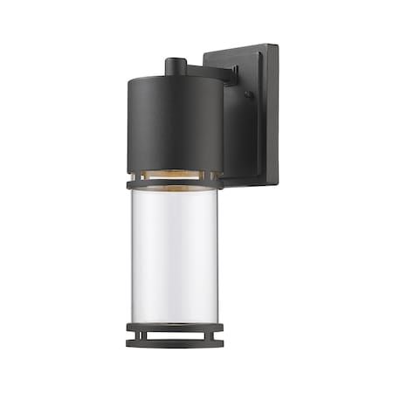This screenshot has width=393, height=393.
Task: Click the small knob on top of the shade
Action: (175, 64)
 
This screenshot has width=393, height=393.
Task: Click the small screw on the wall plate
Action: (248, 94)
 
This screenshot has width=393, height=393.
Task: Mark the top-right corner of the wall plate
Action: (278, 45)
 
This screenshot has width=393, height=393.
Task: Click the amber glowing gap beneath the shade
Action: (175, 176)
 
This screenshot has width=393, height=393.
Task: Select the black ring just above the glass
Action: (175, 184)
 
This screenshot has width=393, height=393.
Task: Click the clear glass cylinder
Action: (175, 253)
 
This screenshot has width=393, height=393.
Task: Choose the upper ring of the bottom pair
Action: (175, 327)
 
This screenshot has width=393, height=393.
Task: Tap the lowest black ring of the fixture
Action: (175, 344)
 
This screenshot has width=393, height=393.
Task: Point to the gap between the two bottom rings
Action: (175, 335)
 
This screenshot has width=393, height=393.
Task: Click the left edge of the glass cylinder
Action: (133, 253)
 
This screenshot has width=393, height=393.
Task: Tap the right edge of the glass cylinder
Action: (217, 253)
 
